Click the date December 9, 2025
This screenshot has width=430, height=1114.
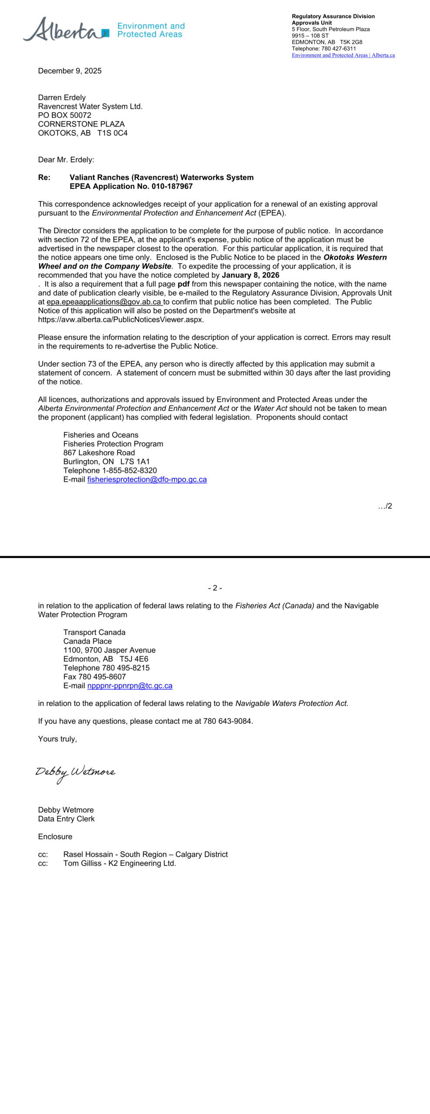(x=70, y=71)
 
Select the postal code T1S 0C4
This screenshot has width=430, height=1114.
(x=112, y=133)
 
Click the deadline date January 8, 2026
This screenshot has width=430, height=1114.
(x=251, y=275)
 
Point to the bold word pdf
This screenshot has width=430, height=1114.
(x=183, y=284)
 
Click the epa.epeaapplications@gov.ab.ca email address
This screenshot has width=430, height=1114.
(x=104, y=302)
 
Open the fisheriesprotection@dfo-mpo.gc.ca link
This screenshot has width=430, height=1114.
(x=147, y=480)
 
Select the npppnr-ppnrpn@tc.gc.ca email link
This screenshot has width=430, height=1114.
(x=130, y=686)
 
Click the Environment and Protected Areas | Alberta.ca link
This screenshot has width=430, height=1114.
(x=343, y=55)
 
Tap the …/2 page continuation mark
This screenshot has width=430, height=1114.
(x=385, y=506)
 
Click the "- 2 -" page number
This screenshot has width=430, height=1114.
(x=215, y=588)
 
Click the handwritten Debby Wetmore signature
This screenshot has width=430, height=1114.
(x=75, y=772)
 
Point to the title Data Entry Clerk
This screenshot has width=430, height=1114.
(x=66, y=819)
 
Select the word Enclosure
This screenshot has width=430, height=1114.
(x=55, y=837)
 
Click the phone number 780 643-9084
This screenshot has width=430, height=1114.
(x=227, y=721)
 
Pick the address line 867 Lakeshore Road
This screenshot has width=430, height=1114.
(x=99, y=453)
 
